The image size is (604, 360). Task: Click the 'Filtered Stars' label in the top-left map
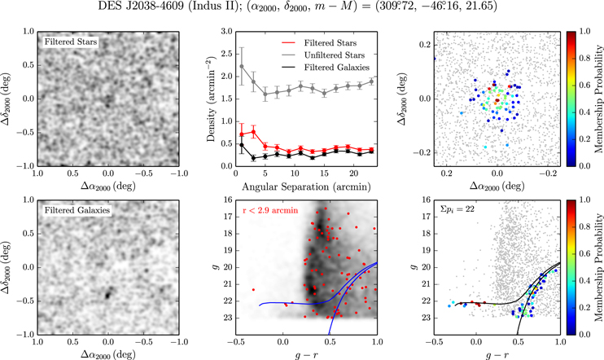(x=71, y=42)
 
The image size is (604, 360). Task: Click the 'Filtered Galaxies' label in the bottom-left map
(x=77, y=210)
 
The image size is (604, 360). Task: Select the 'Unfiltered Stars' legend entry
(x=334, y=55)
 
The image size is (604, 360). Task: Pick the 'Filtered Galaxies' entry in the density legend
(x=337, y=68)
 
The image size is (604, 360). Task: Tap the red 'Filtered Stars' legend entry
(x=330, y=43)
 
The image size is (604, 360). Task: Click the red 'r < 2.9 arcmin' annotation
(x=270, y=210)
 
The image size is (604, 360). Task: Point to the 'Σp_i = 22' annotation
(x=457, y=209)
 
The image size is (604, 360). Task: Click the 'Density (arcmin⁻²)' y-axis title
(x=211, y=99)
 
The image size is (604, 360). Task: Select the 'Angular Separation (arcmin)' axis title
(x=306, y=187)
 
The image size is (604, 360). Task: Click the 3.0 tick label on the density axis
(x=226, y=31)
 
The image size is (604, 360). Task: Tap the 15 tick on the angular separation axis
(x=324, y=173)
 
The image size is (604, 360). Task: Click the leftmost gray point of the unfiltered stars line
(x=242, y=66)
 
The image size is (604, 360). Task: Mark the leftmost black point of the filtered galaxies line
(x=242, y=145)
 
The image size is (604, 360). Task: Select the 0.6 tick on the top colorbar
(x=584, y=86)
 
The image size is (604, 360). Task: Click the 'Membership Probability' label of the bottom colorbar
(x=597, y=267)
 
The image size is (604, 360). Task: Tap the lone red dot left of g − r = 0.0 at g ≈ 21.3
(x=253, y=289)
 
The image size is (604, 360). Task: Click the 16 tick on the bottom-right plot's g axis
(x=426, y=200)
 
